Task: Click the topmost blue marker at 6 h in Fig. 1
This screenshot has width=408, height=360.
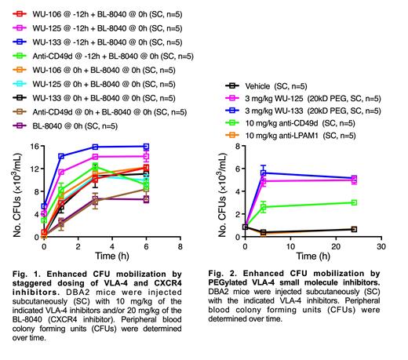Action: pos(145,146)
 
